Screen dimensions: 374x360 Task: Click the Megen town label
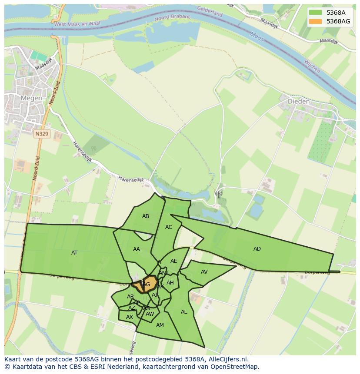[x=31, y=98]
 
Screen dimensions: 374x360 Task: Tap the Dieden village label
[x=299, y=101]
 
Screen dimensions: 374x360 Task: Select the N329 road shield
[x=42, y=134]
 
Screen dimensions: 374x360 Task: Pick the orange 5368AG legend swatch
[x=316, y=21]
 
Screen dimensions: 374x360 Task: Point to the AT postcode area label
[x=74, y=252]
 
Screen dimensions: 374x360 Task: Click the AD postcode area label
[x=257, y=249]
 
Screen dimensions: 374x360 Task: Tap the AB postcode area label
[x=146, y=216]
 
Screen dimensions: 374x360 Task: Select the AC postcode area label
[x=169, y=227]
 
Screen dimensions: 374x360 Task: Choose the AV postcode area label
[x=204, y=272]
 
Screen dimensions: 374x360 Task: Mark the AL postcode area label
[x=184, y=312]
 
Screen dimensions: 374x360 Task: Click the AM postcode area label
[x=160, y=325]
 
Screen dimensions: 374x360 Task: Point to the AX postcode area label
[x=129, y=317]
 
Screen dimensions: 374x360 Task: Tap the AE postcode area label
[x=174, y=261]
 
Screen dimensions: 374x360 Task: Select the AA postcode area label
[x=137, y=249]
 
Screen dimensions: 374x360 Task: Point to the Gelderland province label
[x=210, y=11]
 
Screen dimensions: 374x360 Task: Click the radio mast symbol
[x=218, y=194]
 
